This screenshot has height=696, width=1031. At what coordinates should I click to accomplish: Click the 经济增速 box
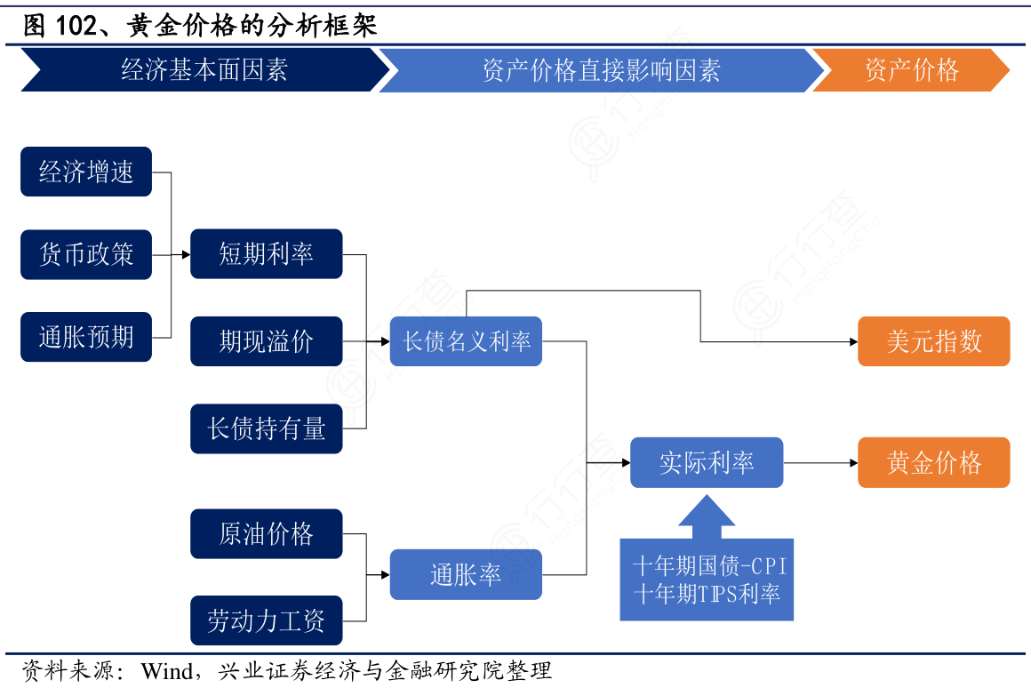point(86,172)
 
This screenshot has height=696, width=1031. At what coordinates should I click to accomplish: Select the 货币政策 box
point(86,255)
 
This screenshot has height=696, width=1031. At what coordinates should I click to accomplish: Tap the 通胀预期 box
point(86,337)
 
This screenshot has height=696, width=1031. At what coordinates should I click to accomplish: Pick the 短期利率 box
point(266,254)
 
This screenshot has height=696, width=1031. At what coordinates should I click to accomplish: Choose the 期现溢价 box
point(266,341)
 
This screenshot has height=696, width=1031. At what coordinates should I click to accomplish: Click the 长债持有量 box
point(266,428)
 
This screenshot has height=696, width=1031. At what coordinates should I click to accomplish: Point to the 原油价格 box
point(266,533)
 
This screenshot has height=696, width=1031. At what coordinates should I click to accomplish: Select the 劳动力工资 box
point(266,620)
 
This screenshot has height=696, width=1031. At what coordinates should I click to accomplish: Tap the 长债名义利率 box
point(466,341)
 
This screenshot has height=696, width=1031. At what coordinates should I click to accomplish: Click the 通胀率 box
point(466,575)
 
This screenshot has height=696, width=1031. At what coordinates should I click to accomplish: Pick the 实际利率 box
point(707,462)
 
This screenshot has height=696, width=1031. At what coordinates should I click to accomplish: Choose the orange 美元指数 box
point(933,341)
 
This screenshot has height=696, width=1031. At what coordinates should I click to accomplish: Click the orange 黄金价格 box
point(933,462)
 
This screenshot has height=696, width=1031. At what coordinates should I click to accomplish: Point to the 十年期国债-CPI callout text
point(708,566)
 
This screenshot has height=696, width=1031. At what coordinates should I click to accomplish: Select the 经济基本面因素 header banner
point(204,70)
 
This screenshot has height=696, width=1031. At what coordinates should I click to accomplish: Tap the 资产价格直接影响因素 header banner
point(601,70)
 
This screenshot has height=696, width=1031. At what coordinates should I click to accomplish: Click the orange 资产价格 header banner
point(911,70)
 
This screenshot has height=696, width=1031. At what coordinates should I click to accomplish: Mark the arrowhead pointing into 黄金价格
point(852,462)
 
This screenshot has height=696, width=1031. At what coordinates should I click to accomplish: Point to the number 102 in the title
point(75,26)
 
